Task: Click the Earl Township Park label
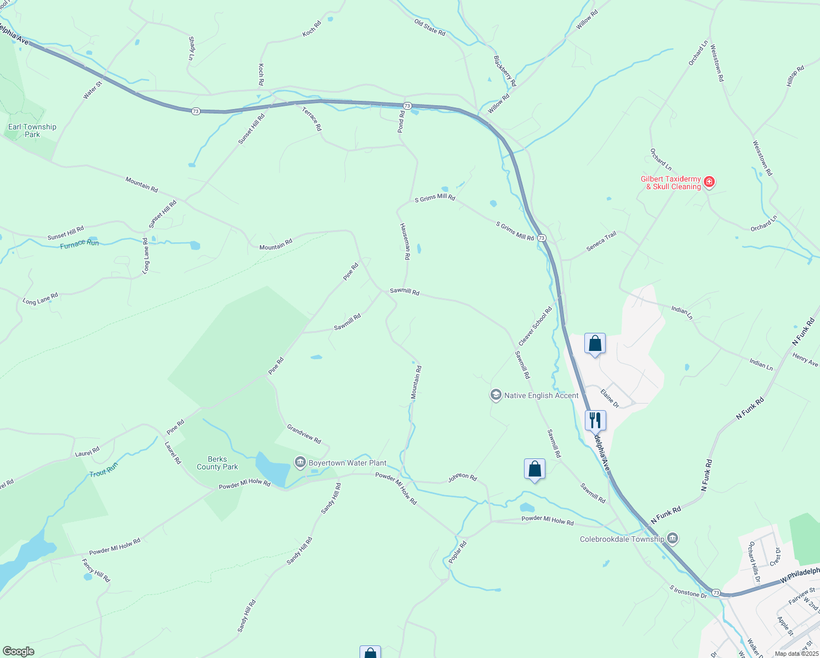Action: point(32,131)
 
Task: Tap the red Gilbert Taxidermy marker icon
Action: point(709,181)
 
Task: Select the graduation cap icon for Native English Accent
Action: point(496,395)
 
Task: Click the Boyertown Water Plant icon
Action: point(300,463)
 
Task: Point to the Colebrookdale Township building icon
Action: point(673,539)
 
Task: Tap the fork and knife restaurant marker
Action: point(595,421)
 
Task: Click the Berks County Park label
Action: point(218,463)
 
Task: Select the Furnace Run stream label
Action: point(79,243)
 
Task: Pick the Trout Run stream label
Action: point(104,469)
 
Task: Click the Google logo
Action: point(18,651)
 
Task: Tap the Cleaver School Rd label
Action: point(535,326)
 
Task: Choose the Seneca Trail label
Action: point(601,241)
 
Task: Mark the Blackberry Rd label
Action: point(505,71)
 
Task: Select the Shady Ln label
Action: point(191,48)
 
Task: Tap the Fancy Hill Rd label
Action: point(96,570)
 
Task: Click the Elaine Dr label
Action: point(610,398)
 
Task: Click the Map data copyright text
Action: point(796,654)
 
